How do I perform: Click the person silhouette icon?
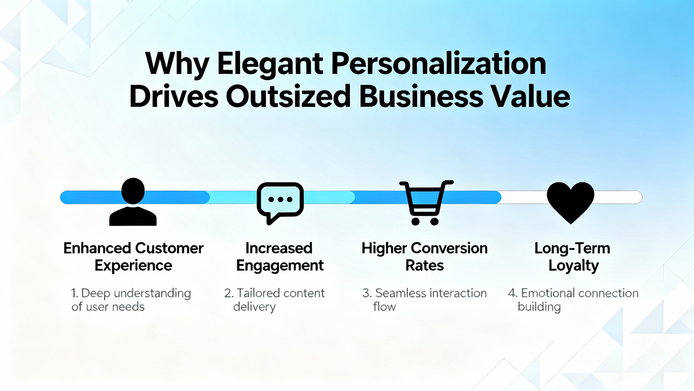(x=133, y=202)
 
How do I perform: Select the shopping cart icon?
(x=426, y=203)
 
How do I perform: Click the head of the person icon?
(x=133, y=191)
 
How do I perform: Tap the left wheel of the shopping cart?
(x=416, y=222)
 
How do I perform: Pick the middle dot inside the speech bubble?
(x=280, y=200)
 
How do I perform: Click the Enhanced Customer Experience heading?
(x=133, y=257)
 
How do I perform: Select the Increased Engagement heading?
(x=280, y=257)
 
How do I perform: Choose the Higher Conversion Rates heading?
(x=425, y=257)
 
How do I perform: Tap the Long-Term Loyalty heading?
(x=572, y=257)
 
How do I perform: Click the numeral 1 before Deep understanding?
(x=73, y=293)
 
